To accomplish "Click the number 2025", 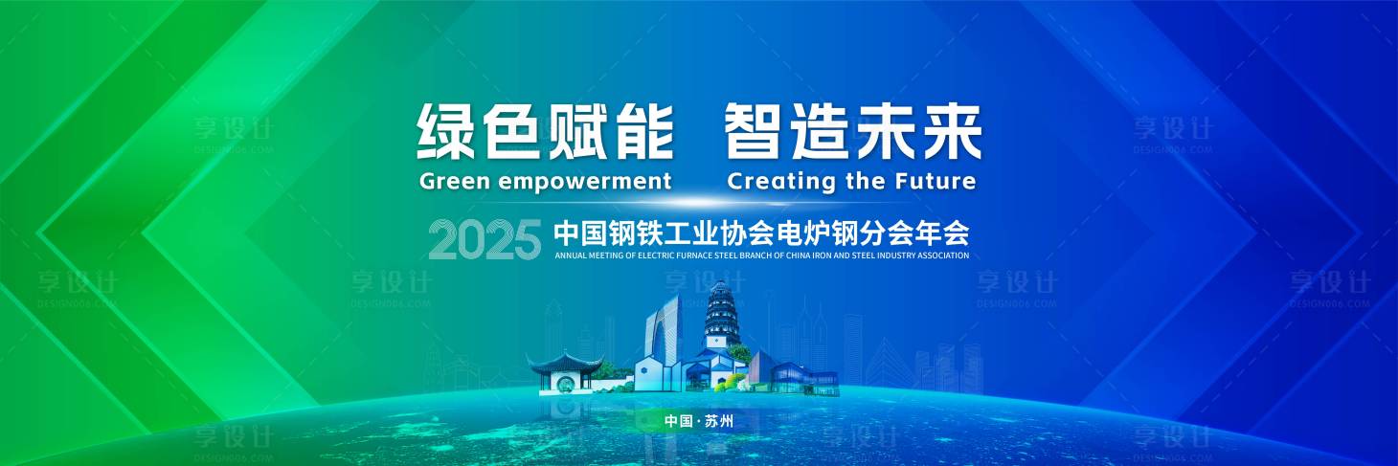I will [485, 239].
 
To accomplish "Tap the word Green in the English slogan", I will [455, 181].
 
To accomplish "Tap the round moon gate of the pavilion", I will [565, 382].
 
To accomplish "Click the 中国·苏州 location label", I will [698, 421].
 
